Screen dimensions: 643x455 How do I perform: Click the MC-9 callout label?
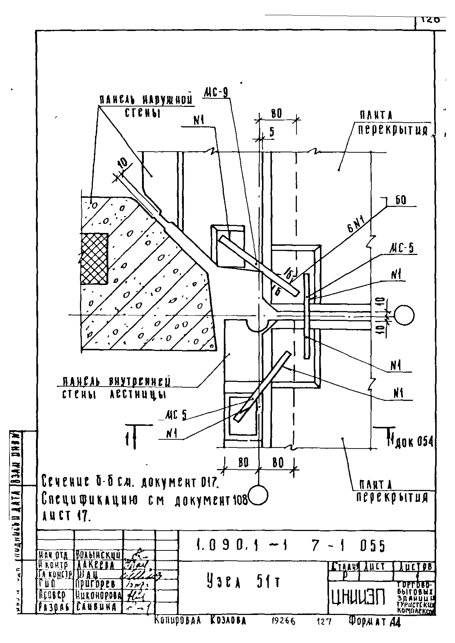(215, 92)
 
